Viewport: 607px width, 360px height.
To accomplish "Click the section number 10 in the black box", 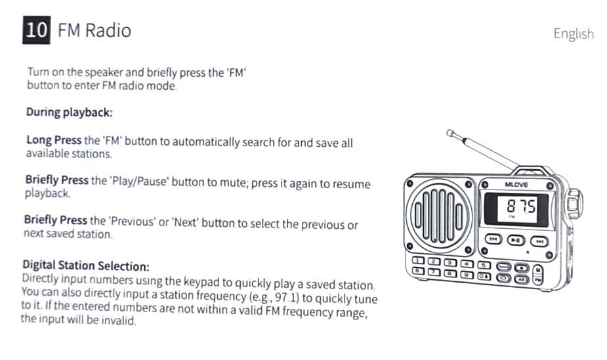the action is (x=36, y=30).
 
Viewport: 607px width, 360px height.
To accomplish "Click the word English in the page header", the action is (x=574, y=34).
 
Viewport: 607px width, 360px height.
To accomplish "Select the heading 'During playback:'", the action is (x=70, y=112).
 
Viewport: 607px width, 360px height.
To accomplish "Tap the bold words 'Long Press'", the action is (x=54, y=140).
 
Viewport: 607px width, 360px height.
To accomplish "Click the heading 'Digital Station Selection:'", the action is (x=85, y=266).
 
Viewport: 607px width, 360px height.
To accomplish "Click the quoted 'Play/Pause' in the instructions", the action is (x=139, y=180).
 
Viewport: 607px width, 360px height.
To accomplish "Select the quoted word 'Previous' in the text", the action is (x=133, y=221).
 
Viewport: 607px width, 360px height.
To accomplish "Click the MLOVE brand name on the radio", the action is (x=516, y=185).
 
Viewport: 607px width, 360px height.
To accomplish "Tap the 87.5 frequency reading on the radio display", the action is (x=521, y=206).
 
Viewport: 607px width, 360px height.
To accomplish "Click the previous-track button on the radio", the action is (x=493, y=239).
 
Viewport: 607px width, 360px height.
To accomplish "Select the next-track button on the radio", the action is (x=539, y=242).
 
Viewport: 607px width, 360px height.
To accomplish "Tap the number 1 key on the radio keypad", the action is (x=418, y=260).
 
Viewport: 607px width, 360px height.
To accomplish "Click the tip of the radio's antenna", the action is (x=450, y=133).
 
